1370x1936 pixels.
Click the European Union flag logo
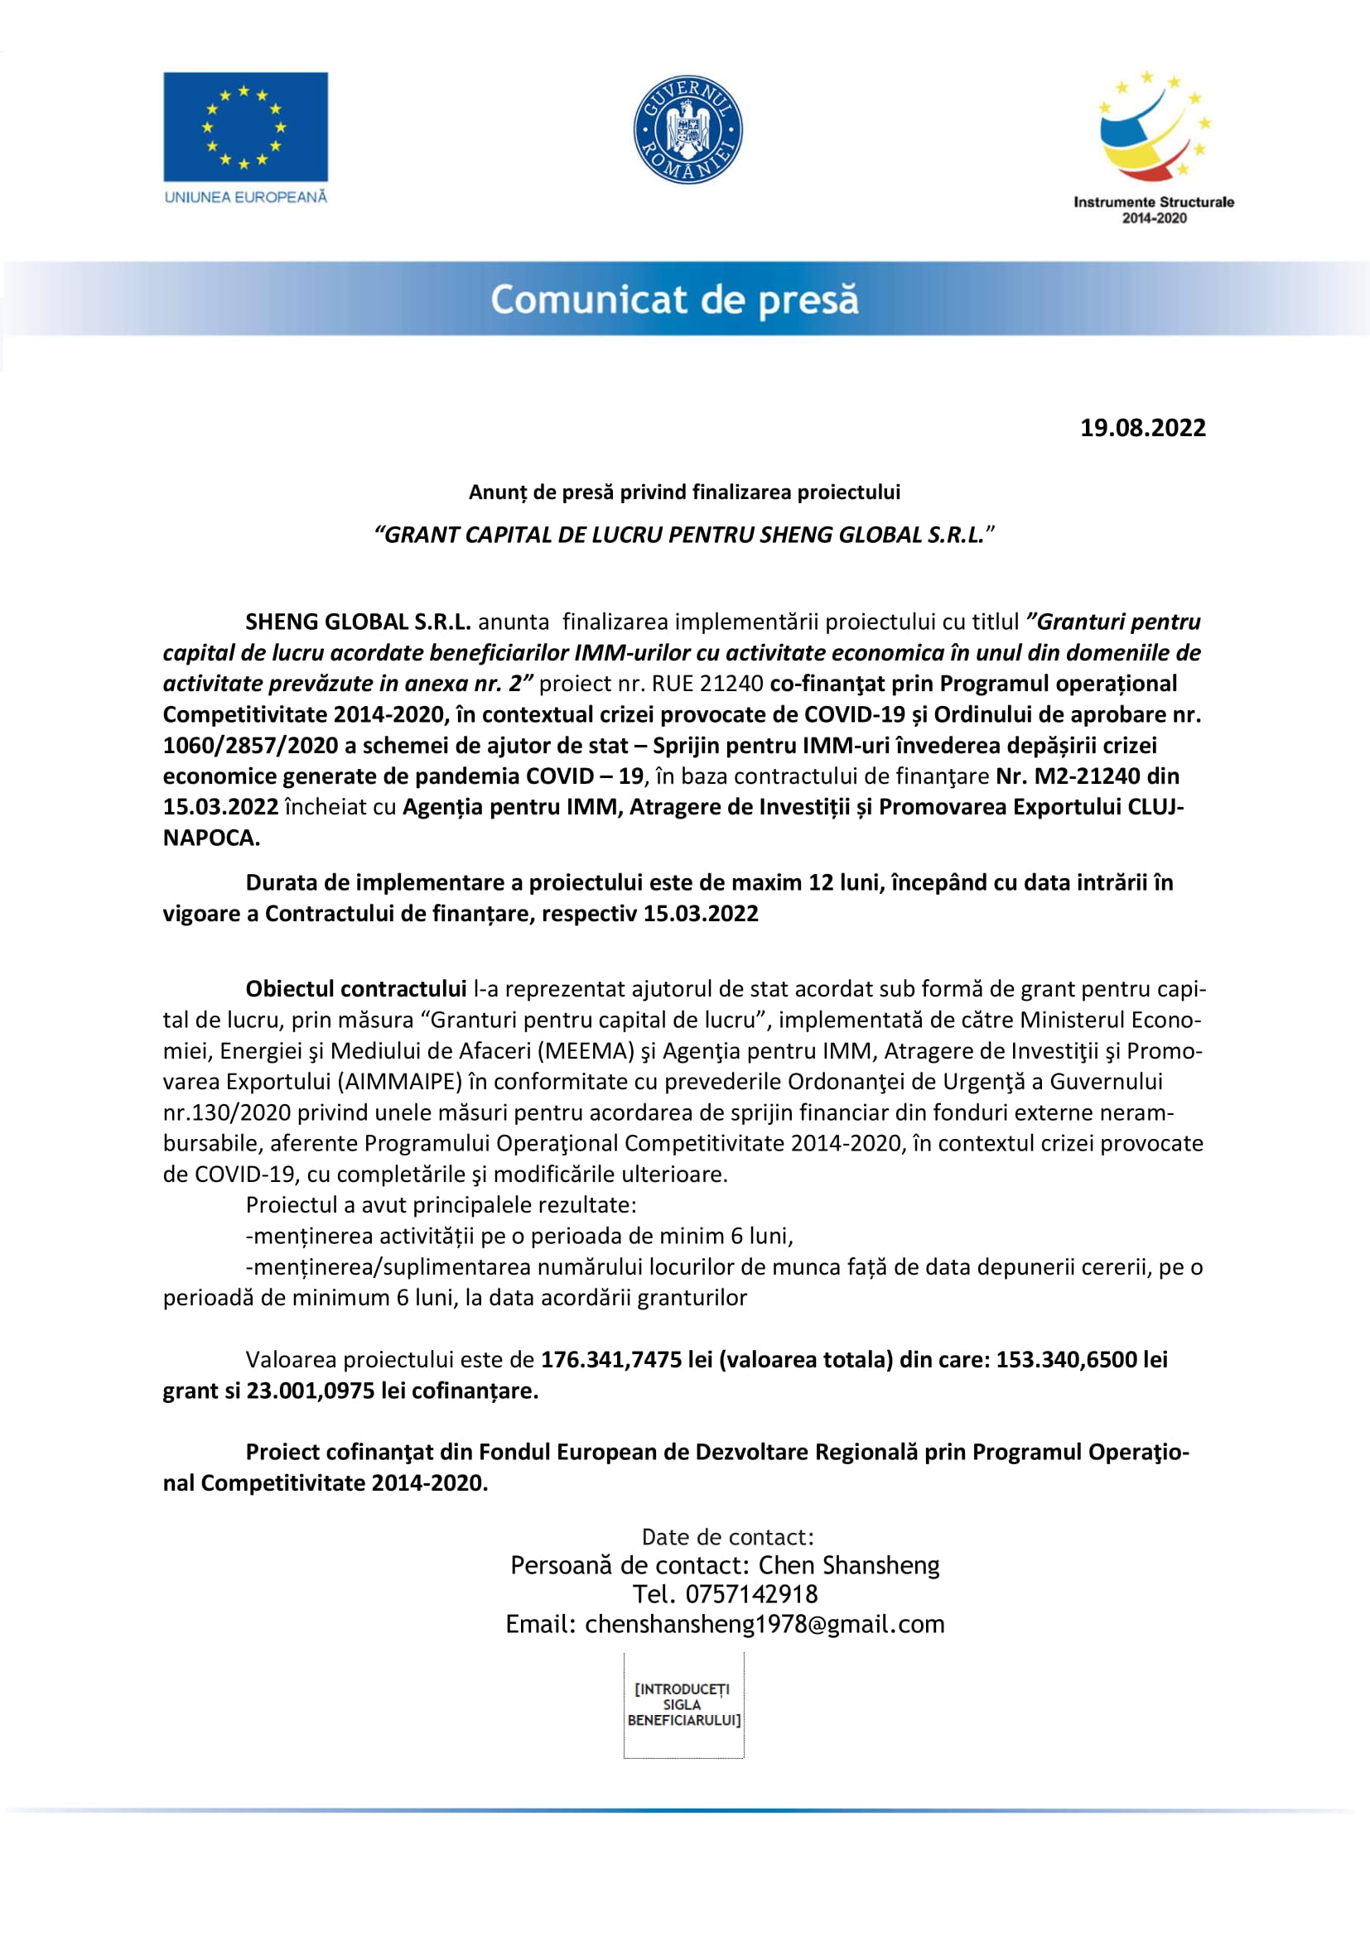click(x=245, y=127)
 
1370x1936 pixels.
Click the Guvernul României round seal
click(x=687, y=130)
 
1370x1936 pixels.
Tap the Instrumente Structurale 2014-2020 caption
click(x=1153, y=210)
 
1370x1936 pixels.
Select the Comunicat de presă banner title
click(x=674, y=300)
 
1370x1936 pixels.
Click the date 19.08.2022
click(x=1142, y=427)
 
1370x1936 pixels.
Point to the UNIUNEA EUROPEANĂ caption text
click(x=245, y=197)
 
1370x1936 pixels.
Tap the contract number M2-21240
click(x=1088, y=776)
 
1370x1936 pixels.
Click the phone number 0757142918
click(x=750, y=1593)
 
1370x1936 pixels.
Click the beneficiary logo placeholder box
click(x=683, y=1704)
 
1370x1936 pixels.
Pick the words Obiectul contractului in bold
click(x=356, y=988)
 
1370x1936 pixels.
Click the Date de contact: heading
click(x=727, y=1536)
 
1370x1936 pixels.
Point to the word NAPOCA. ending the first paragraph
click(x=211, y=838)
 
